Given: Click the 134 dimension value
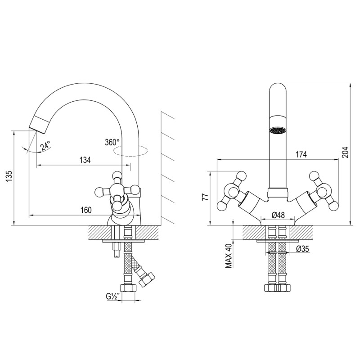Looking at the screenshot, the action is [85, 160].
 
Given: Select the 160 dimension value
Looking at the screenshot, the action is [86, 210].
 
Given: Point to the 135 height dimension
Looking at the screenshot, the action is [9, 176].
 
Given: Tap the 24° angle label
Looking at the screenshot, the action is [45, 146].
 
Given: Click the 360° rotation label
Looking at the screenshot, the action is [112, 142].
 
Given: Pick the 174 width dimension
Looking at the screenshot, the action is [301, 154].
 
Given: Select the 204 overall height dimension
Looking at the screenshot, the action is [345, 152].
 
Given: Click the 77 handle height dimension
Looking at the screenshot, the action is [205, 197].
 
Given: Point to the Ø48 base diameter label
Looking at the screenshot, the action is [278, 215].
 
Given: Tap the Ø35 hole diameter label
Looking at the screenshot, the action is [302, 249].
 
